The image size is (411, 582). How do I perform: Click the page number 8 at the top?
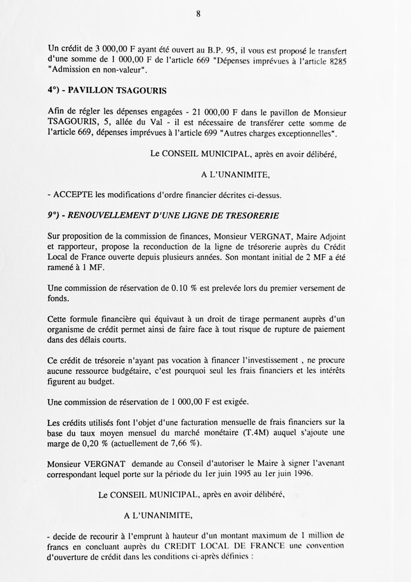point(198,14)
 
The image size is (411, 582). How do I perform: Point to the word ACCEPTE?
point(73,195)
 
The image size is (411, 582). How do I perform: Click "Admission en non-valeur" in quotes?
point(97,71)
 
